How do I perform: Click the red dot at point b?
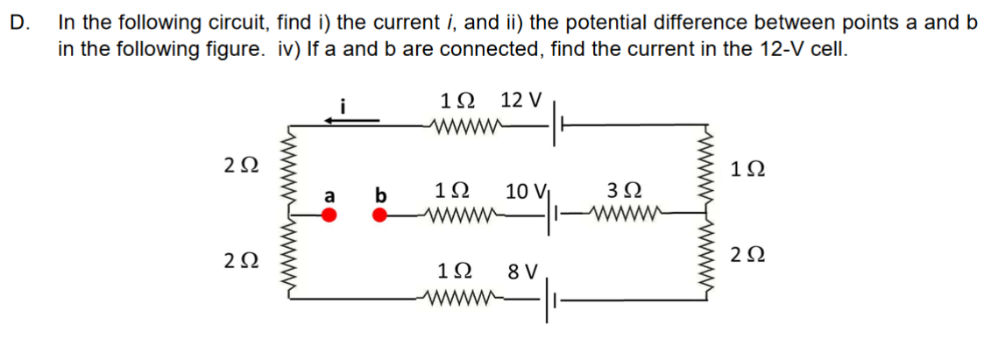click(380, 215)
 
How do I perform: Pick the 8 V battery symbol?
click(549, 300)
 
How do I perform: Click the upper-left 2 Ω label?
click(240, 165)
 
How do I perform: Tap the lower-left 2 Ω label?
click(240, 261)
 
